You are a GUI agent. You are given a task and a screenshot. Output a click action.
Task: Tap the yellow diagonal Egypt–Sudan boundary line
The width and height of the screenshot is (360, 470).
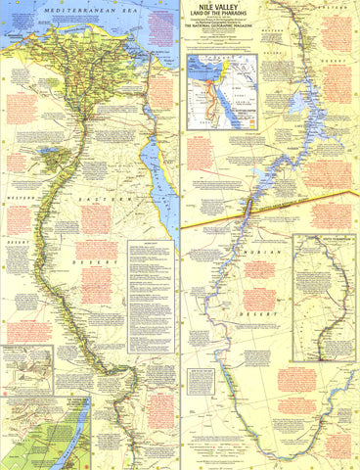point(293,212)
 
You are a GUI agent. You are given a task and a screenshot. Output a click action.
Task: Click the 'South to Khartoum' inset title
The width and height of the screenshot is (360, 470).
point(322,240)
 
